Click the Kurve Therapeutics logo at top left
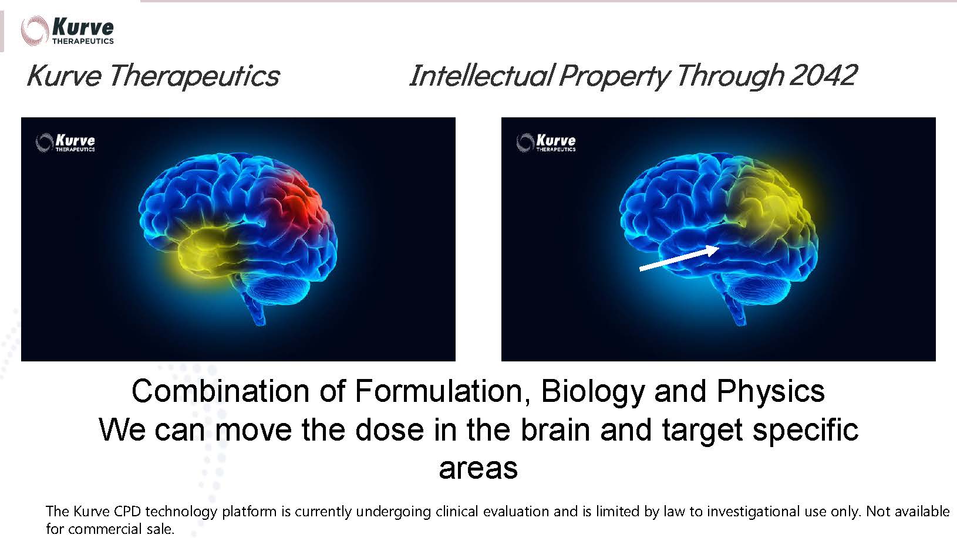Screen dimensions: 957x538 68,31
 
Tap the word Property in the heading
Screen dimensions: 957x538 614,77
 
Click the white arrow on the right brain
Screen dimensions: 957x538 679,258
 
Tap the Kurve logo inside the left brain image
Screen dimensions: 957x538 65,143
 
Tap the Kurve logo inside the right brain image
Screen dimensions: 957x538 546,143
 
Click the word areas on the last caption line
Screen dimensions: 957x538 478,468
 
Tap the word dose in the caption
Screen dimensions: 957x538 389,429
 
